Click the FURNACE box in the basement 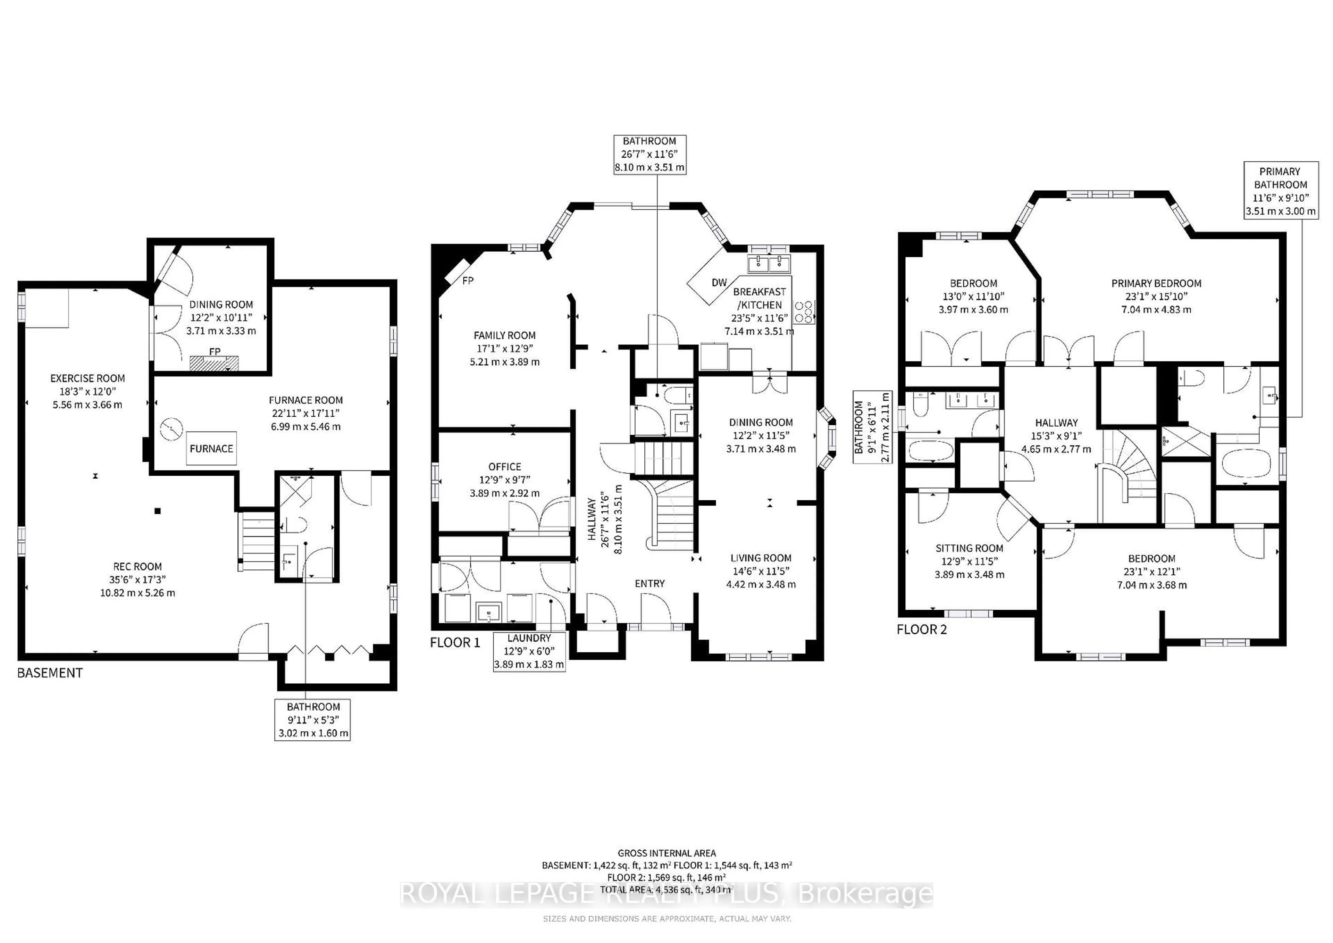click(x=211, y=448)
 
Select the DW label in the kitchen click(x=719, y=283)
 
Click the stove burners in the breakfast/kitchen click(x=804, y=312)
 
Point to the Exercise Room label click(x=88, y=378)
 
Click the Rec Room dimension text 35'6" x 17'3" click(x=137, y=579)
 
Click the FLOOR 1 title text click(x=455, y=643)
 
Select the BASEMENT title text click(x=50, y=673)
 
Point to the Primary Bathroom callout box click(x=1280, y=191)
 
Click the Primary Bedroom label click(x=1156, y=283)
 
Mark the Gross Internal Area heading click(x=666, y=853)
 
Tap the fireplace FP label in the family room click(x=468, y=281)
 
